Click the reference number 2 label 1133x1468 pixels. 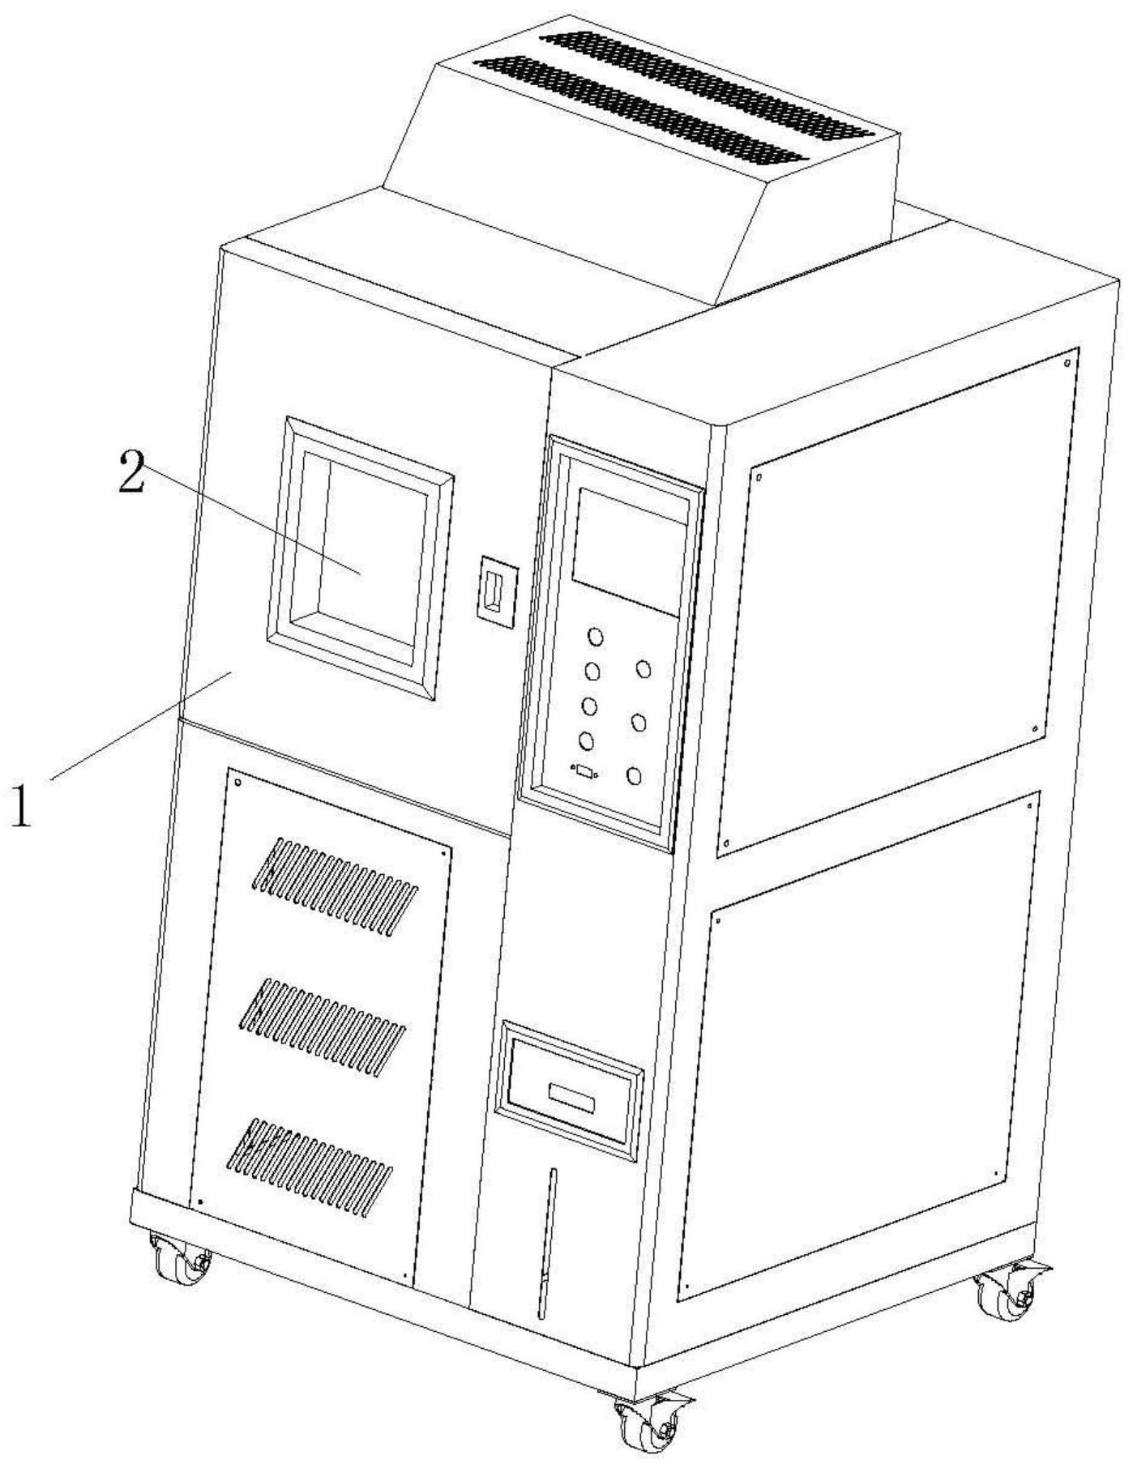tap(132, 472)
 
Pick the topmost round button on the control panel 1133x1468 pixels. tap(596, 637)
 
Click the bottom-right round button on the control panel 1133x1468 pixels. tap(634, 777)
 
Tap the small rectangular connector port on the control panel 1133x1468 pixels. tap(584, 770)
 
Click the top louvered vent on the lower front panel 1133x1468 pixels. tap(336, 888)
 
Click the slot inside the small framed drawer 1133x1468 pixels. tap(571, 1097)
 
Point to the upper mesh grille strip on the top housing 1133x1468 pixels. tap(708, 81)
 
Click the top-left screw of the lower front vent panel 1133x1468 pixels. tap(238, 783)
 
